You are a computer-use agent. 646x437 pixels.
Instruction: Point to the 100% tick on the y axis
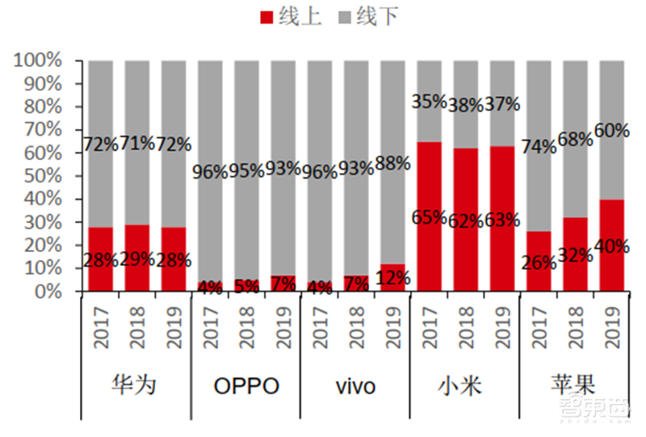pos(37,61)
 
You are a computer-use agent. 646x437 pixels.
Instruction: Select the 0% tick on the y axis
pos(48,292)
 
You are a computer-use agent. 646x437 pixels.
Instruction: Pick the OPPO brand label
pos(246,386)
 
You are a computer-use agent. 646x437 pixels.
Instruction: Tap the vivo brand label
pos(355,386)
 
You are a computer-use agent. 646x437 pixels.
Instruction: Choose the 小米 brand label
pos(464,385)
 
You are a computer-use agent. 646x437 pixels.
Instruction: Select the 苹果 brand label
pos(574,385)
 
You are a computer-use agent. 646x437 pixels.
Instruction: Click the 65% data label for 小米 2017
pos(429,216)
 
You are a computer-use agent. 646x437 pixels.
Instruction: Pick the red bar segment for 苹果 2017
pos(539,242)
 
